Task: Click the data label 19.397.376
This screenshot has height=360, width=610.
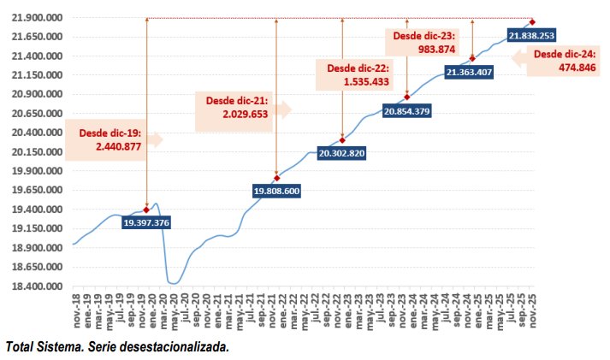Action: pos(146,222)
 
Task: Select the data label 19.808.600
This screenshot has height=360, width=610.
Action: pos(276,191)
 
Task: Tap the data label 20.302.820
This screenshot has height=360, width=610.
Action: pos(341,153)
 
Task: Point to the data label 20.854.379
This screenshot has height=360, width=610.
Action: pos(407,110)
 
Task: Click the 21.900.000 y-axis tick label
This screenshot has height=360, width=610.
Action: pos(33,18)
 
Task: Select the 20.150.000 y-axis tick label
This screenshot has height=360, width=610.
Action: pos(33,152)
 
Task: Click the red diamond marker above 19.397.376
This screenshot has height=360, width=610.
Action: pos(146,210)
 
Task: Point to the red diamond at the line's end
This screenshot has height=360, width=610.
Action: pos(532,22)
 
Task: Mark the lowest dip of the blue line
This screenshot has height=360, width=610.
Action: pos(173,283)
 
